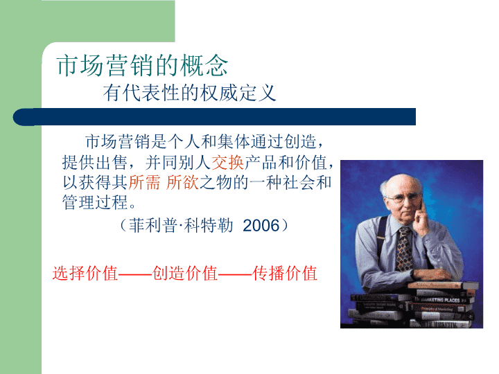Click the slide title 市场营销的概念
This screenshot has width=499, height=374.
coord(142,65)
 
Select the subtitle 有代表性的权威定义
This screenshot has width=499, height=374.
coord(189,93)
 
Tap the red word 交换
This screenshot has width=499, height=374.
coord(228,162)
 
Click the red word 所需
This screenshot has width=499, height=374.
coord(144,183)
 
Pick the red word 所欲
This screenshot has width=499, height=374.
coord(183,183)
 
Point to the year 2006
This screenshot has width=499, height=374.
coord(261,226)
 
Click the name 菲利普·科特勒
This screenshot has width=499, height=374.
coord(181,226)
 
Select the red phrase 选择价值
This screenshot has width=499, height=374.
coord(85,273)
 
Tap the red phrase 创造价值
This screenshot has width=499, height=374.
coord(185,273)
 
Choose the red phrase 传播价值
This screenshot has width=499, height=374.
coord(285,273)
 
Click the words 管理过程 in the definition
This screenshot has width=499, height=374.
coord(95,202)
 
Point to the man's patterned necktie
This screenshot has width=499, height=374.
coord(404,249)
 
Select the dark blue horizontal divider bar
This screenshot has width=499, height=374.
coord(214,117)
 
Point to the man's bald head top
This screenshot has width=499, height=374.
coord(401,180)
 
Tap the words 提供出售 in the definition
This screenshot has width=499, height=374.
coord(94,162)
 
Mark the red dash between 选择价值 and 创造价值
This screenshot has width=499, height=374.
coord(135,273)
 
